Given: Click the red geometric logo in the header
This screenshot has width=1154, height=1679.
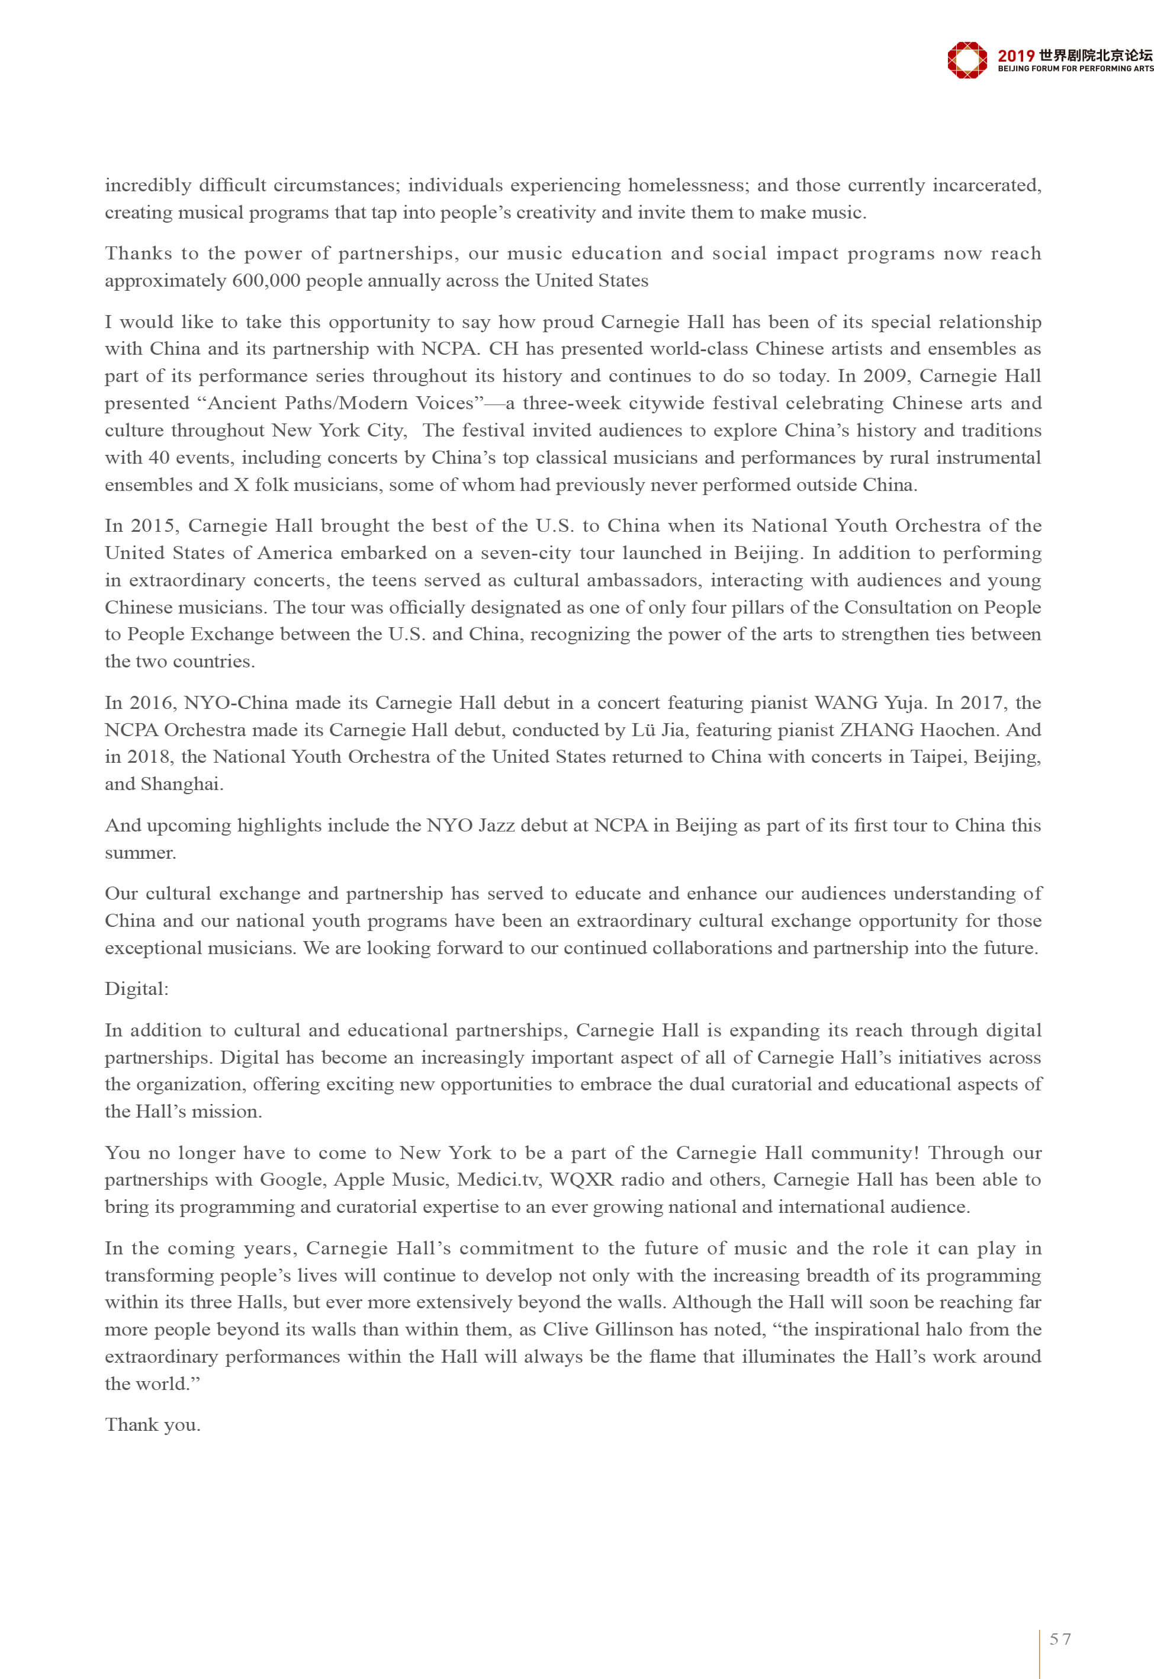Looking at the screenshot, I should coord(967,59).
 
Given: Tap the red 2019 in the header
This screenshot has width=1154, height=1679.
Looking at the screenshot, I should coord(1015,56).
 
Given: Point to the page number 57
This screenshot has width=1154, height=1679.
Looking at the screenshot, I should coord(1060,1639).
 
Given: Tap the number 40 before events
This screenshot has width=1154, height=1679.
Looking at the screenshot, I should coord(158,457).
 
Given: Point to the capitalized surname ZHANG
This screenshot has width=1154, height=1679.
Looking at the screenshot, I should coord(876,730).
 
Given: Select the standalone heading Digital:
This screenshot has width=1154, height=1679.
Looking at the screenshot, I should coord(137,988).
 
